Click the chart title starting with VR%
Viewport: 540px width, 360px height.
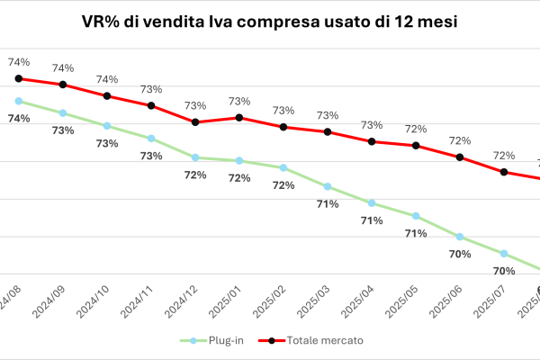pyautogui.click(x=269, y=22)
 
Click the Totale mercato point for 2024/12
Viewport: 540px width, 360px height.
pyautogui.click(x=195, y=122)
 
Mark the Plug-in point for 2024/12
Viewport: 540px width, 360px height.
pyautogui.click(x=195, y=157)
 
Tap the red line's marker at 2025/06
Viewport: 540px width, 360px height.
pyautogui.click(x=460, y=157)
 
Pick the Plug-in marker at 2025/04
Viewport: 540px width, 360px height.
pyautogui.click(x=372, y=202)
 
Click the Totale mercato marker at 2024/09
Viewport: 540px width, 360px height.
pyautogui.click(x=63, y=85)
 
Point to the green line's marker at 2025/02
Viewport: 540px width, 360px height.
pyautogui.click(x=283, y=167)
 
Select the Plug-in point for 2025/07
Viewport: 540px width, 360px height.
pyautogui.click(x=504, y=253)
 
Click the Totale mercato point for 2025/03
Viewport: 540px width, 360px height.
pyautogui.click(x=328, y=131)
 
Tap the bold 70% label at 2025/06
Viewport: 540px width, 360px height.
pyautogui.click(x=460, y=255)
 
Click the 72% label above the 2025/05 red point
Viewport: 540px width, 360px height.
pyautogui.click(x=416, y=129)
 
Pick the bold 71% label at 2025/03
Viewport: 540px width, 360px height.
pyautogui.click(x=328, y=204)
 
